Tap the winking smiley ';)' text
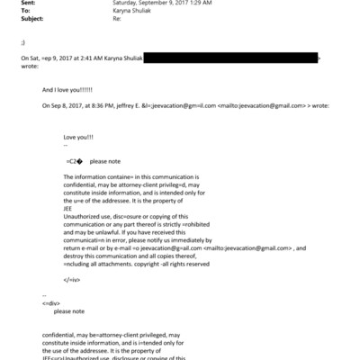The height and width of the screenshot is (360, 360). pos(23,42)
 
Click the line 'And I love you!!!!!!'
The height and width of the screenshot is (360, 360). pos(73,91)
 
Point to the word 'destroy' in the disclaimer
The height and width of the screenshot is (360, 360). pos(76,255)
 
